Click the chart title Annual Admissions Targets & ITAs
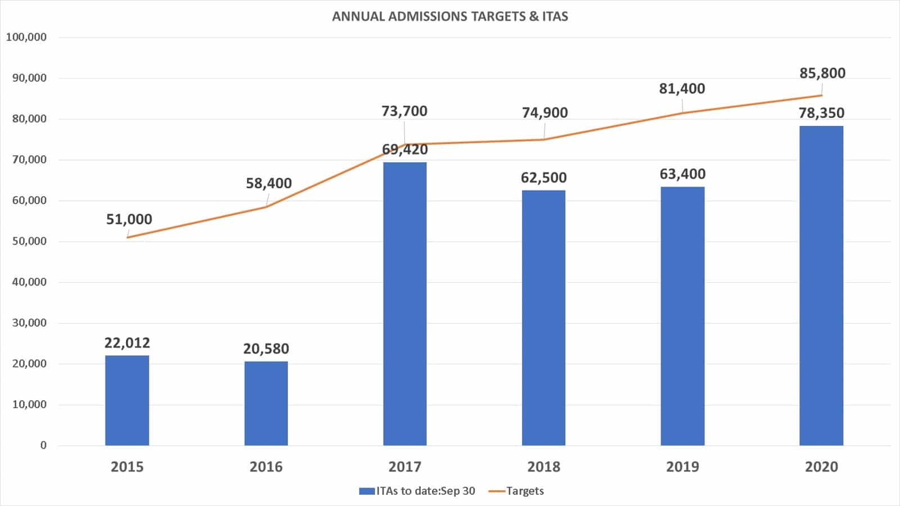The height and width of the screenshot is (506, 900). point(450,16)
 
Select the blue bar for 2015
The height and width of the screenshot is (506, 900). point(127,400)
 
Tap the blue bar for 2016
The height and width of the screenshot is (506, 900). point(266,403)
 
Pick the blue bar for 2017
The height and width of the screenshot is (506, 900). point(405,304)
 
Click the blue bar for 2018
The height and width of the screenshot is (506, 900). point(543,318)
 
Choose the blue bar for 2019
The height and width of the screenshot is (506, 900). point(682,316)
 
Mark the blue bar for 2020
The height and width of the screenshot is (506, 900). point(821,286)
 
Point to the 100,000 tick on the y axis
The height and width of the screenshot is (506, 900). point(26,37)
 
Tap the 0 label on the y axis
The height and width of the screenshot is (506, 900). point(43,445)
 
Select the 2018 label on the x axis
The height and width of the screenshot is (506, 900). point(544,467)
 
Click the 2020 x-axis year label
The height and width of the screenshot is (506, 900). point(821,467)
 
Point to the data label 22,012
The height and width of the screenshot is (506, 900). point(127,343)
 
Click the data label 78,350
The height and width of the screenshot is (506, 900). point(821,113)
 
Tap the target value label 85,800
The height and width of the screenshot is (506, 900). point(822,73)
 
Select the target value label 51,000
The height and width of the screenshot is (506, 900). point(129,219)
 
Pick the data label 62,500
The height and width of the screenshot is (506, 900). point(544,178)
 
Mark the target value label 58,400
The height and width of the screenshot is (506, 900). point(269,183)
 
